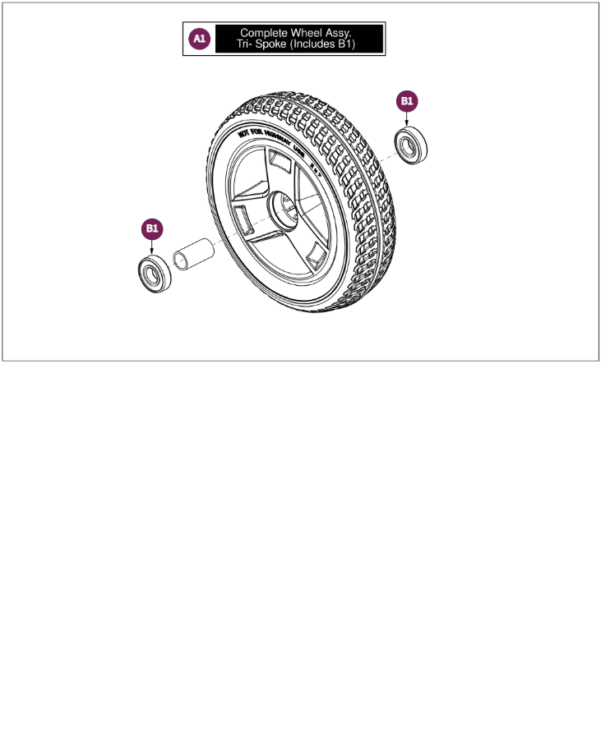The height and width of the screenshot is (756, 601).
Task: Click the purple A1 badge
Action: (x=200, y=39)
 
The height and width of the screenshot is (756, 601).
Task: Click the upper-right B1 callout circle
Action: (x=408, y=101)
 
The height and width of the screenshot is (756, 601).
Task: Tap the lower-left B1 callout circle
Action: (x=152, y=228)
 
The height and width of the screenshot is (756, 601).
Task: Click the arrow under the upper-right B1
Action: (x=408, y=120)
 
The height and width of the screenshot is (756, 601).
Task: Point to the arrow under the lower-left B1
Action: (x=152, y=247)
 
